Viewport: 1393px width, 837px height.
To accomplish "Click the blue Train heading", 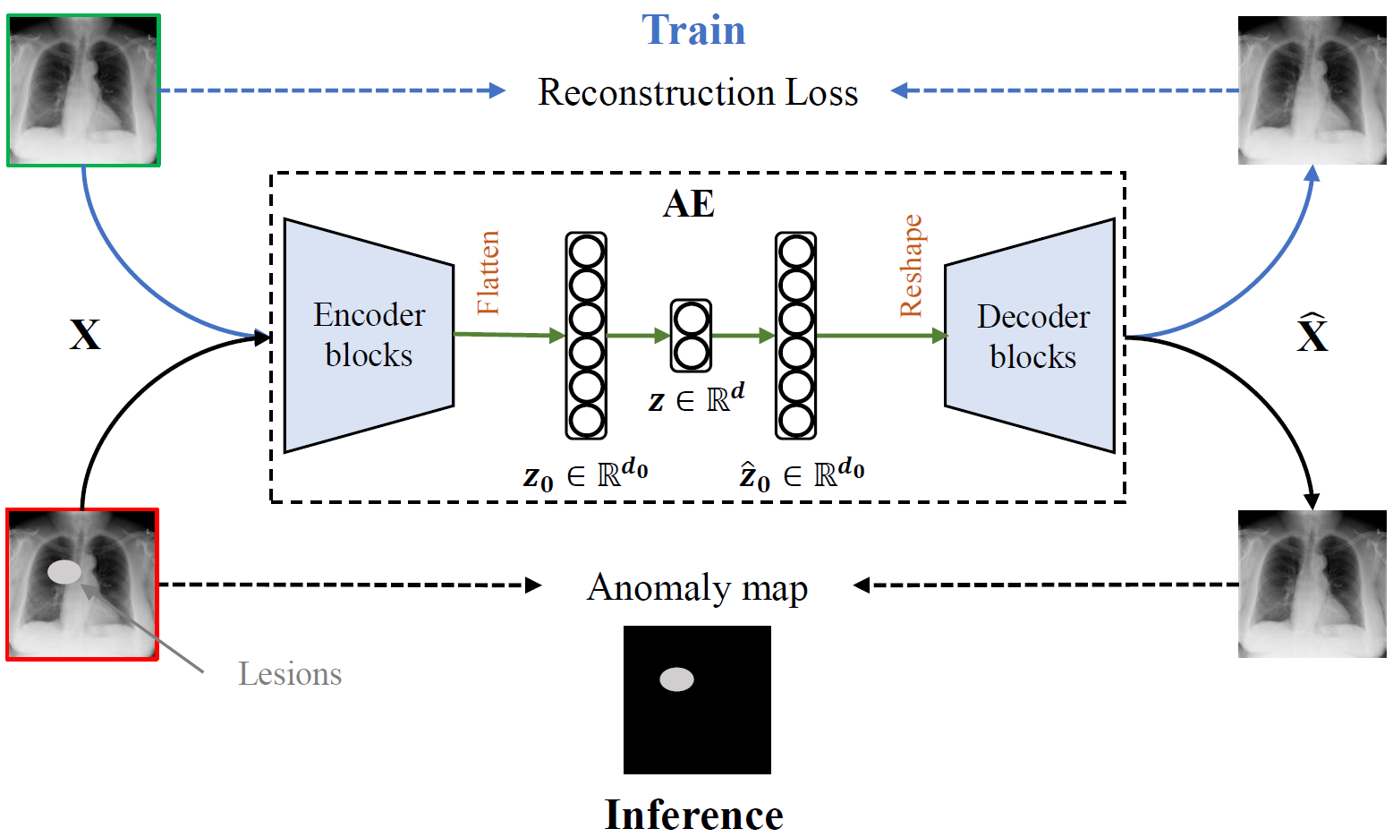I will point(693,30).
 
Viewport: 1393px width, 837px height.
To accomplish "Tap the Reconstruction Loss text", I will point(698,92).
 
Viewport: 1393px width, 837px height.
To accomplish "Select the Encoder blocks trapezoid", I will point(369,335).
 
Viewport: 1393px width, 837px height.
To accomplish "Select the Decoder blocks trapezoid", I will point(1032,336).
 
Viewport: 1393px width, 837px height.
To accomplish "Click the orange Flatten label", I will point(488,272).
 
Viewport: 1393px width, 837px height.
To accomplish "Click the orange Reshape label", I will point(911,266).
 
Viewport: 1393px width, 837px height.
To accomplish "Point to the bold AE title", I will point(689,204).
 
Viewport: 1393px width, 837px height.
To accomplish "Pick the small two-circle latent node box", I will point(692,336).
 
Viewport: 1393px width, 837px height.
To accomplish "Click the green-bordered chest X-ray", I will point(83,90).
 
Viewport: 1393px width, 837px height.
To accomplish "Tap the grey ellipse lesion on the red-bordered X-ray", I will point(64,571).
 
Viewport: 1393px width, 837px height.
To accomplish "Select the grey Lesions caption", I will point(290,674).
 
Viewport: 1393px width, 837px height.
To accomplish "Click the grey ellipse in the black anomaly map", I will point(676,679).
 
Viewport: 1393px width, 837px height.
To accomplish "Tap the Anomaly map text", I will point(697,588).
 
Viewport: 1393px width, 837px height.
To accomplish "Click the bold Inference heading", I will point(693,815).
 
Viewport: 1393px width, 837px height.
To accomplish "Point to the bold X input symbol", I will point(85,335).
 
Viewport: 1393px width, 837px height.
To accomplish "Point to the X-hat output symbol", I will point(1312,334).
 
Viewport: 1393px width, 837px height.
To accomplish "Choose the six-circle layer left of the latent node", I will point(586,336).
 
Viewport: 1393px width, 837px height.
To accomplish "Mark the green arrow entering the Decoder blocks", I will point(881,336).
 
